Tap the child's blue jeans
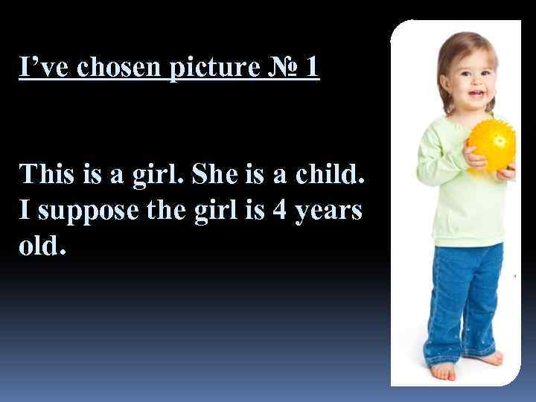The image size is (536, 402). point(458,298)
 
